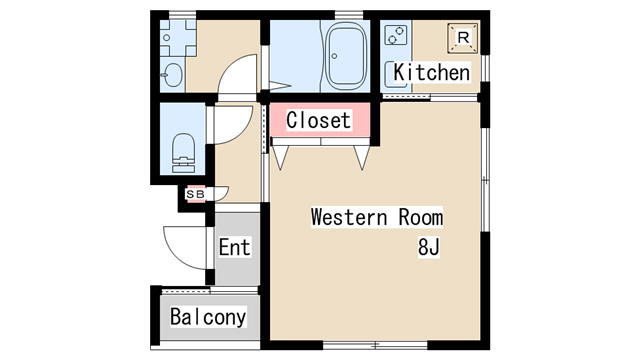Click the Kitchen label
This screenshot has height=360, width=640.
click(x=431, y=73)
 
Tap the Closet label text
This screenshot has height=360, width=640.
click(x=318, y=120)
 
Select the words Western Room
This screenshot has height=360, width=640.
click(x=377, y=217)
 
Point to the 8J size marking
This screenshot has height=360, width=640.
click(x=429, y=247)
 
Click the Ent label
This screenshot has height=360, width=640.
click(x=234, y=247)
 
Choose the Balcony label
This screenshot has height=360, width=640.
click(x=208, y=317)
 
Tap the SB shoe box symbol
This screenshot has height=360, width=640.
click(x=195, y=194)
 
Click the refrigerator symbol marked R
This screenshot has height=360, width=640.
click(x=463, y=38)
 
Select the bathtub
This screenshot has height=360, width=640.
click(x=345, y=56)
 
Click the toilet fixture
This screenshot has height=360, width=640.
click(x=183, y=153)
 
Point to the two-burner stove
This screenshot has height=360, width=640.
click(x=396, y=35)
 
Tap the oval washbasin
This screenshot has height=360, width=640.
click(x=173, y=75)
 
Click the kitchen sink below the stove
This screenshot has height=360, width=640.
click(x=395, y=74)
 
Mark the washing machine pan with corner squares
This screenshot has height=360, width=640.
click(x=178, y=38)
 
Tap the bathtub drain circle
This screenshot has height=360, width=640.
click(x=334, y=56)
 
